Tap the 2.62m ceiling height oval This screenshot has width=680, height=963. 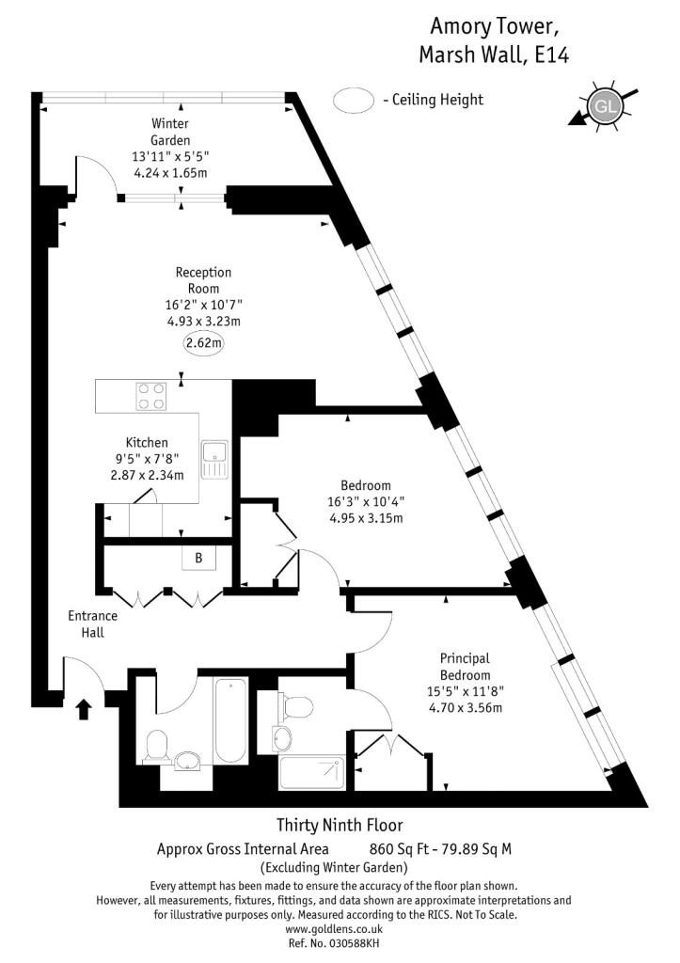click(203, 343)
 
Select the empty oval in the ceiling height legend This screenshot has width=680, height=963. click(354, 100)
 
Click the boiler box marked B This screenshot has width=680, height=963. click(198, 558)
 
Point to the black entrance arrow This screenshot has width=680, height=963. click(83, 708)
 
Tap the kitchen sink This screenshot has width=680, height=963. click(215, 458)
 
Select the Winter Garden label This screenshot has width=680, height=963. click(170, 133)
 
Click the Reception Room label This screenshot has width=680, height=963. click(203, 280)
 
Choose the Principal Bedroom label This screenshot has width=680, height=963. click(465, 667)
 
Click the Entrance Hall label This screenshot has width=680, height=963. click(92, 624)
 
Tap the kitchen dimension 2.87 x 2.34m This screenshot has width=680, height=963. click(147, 475)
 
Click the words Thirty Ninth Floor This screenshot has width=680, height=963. click(339, 826)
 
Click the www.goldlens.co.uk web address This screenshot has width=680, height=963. click(333, 928)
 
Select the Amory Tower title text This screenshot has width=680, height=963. click(493, 24)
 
